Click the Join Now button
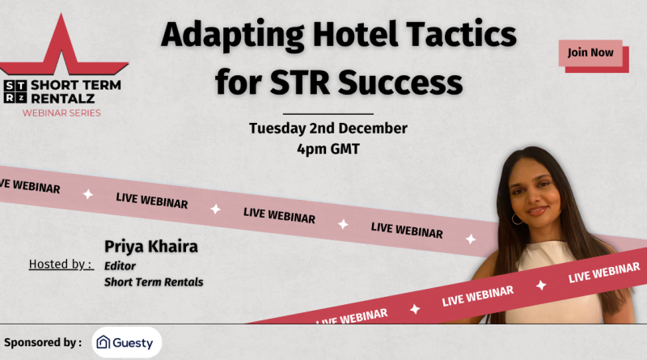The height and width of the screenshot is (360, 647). (590, 53)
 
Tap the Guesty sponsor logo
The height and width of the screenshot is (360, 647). (126, 342)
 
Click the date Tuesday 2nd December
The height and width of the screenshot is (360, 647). (328, 128)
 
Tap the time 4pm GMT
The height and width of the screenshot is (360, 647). (328, 148)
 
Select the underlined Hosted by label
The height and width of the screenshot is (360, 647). (61, 265)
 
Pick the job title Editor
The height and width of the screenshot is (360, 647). (119, 265)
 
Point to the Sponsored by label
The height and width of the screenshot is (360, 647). (43, 342)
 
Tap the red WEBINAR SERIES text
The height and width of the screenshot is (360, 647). (61, 112)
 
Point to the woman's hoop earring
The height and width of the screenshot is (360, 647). (517, 218)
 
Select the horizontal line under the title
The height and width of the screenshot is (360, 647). (328, 113)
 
